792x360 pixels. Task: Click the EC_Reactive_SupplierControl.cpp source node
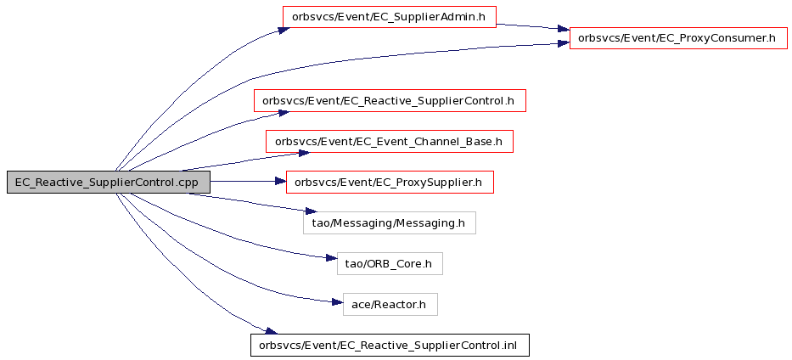(109, 182)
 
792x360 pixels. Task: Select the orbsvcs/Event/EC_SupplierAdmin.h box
(389, 17)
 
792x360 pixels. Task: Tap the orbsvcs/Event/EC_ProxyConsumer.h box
(678, 38)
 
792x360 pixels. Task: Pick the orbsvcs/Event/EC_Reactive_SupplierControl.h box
(390, 100)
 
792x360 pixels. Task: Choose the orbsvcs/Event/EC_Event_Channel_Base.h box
(390, 142)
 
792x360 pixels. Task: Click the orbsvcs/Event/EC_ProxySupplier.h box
(390, 182)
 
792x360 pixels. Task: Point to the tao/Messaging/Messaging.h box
(390, 222)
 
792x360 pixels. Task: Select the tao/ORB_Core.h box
(390, 263)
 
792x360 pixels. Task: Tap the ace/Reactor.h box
(390, 305)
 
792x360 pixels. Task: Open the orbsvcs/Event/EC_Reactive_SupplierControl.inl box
(390, 345)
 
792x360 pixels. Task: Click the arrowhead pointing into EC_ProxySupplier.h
(280, 181)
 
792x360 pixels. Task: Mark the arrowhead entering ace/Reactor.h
(337, 302)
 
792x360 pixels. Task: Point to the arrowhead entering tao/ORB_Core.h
(332, 258)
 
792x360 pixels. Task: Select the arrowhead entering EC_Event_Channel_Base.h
(303, 153)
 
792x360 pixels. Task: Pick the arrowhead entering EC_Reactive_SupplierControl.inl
(272, 331)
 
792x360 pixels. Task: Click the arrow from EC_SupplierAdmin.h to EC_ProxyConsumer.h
(533, 26)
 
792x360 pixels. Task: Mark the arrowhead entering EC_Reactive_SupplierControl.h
(282, 113)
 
